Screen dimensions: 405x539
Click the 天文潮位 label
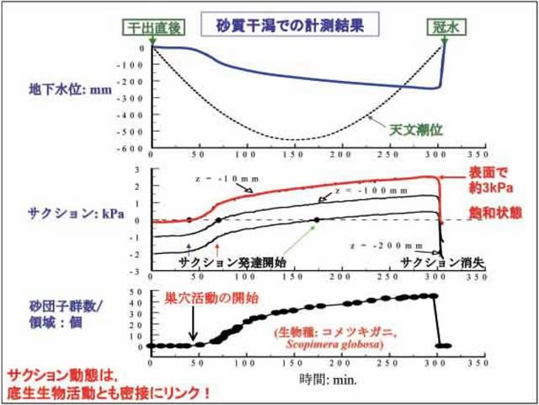tap(415, 131)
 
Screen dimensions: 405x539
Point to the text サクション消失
tap(433, 262)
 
